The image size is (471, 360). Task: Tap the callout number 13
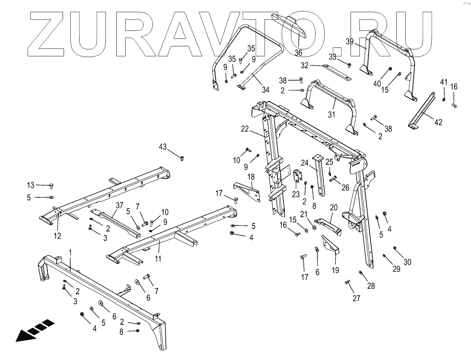tap(31, 185)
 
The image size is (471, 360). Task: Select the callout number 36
tap(298, 53)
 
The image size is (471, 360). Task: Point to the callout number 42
tap(438, 122)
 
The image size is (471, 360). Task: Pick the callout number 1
tap(70, 253)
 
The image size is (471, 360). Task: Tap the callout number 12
tap(57, 235)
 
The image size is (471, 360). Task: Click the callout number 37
tap(119, 205)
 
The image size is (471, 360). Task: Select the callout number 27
tap(356, 299)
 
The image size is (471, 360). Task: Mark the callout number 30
tap(407, 262)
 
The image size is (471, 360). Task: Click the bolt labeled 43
tap(182, 158)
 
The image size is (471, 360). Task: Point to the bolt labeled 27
tap(347, 282)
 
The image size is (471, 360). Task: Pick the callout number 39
tap(350, 42)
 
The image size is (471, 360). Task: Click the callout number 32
tap(304, 65)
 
